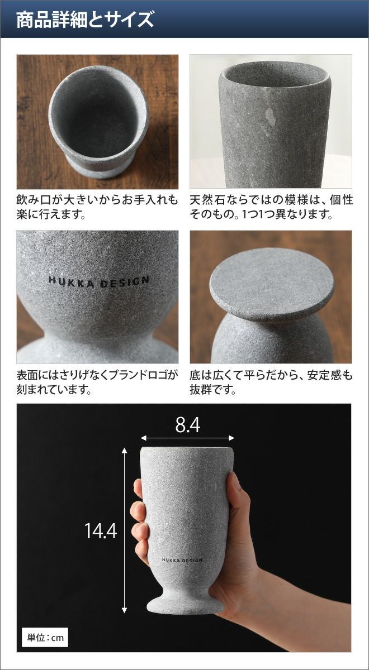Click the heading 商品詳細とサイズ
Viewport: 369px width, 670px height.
click(x=85, y=20)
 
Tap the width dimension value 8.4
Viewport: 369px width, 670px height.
click(x=188, y=425)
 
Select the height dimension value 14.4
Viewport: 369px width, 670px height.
click(x=101, y=530)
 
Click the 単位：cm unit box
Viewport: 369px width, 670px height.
click(x=45, y=638)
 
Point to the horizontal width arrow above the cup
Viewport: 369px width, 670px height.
click(x=187, y=438)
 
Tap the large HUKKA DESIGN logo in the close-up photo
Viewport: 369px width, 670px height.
click(x=98, y=282)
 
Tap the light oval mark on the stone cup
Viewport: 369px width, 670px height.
click(x=271, y=117)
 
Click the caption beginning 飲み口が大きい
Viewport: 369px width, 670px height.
click(x=97, y=207)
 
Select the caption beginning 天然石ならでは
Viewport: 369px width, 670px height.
click(x=271, y=207)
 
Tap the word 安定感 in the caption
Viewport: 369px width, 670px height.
click(x=325, y=375)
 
